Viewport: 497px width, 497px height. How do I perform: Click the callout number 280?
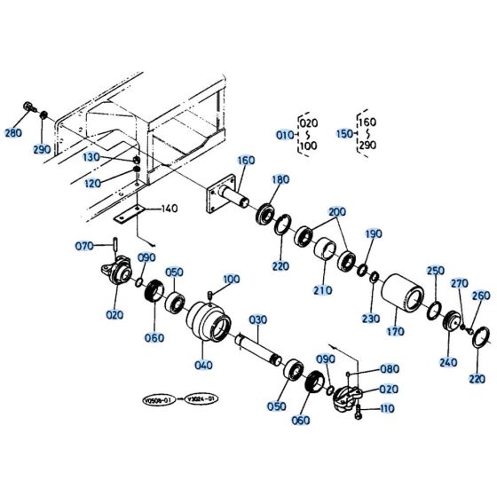tap(13, 133)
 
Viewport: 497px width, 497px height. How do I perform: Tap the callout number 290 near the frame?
tap(42, 149)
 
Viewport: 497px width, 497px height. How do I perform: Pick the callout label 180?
tap(280, 179)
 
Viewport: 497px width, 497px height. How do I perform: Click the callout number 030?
tap(256, 319)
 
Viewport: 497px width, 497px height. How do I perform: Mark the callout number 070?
tap(84, 246)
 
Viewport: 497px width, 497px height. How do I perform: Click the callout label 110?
tap(386, 408)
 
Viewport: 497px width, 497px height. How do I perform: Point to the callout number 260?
tap(480, 296)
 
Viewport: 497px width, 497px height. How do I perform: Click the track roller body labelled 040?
tap(208, 325)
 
